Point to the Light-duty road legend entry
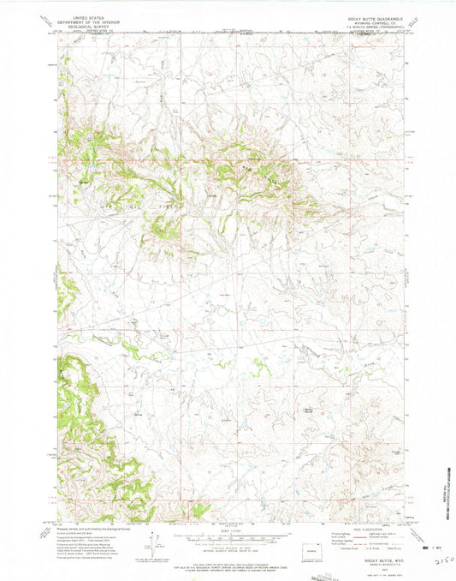381,534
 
